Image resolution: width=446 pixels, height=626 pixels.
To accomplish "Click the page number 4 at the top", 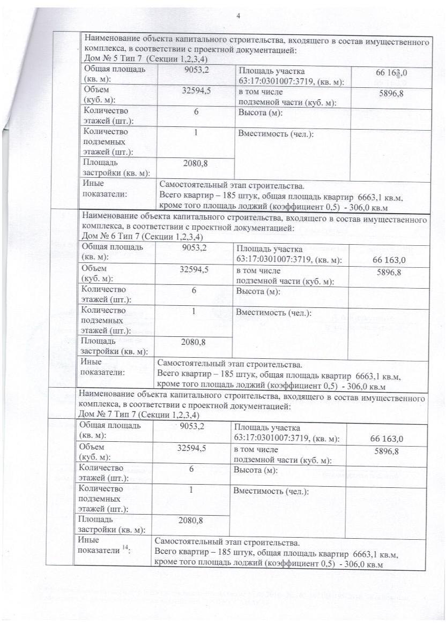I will pos(238,16).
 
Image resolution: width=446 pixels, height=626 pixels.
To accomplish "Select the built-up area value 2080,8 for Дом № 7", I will pos(192,519).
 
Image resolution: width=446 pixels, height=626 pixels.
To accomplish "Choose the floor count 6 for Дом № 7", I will pos(191,469).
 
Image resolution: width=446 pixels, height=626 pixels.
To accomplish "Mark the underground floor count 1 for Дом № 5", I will pos(196,133).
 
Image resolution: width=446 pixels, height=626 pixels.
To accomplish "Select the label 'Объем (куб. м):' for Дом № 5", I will pos(99,95).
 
